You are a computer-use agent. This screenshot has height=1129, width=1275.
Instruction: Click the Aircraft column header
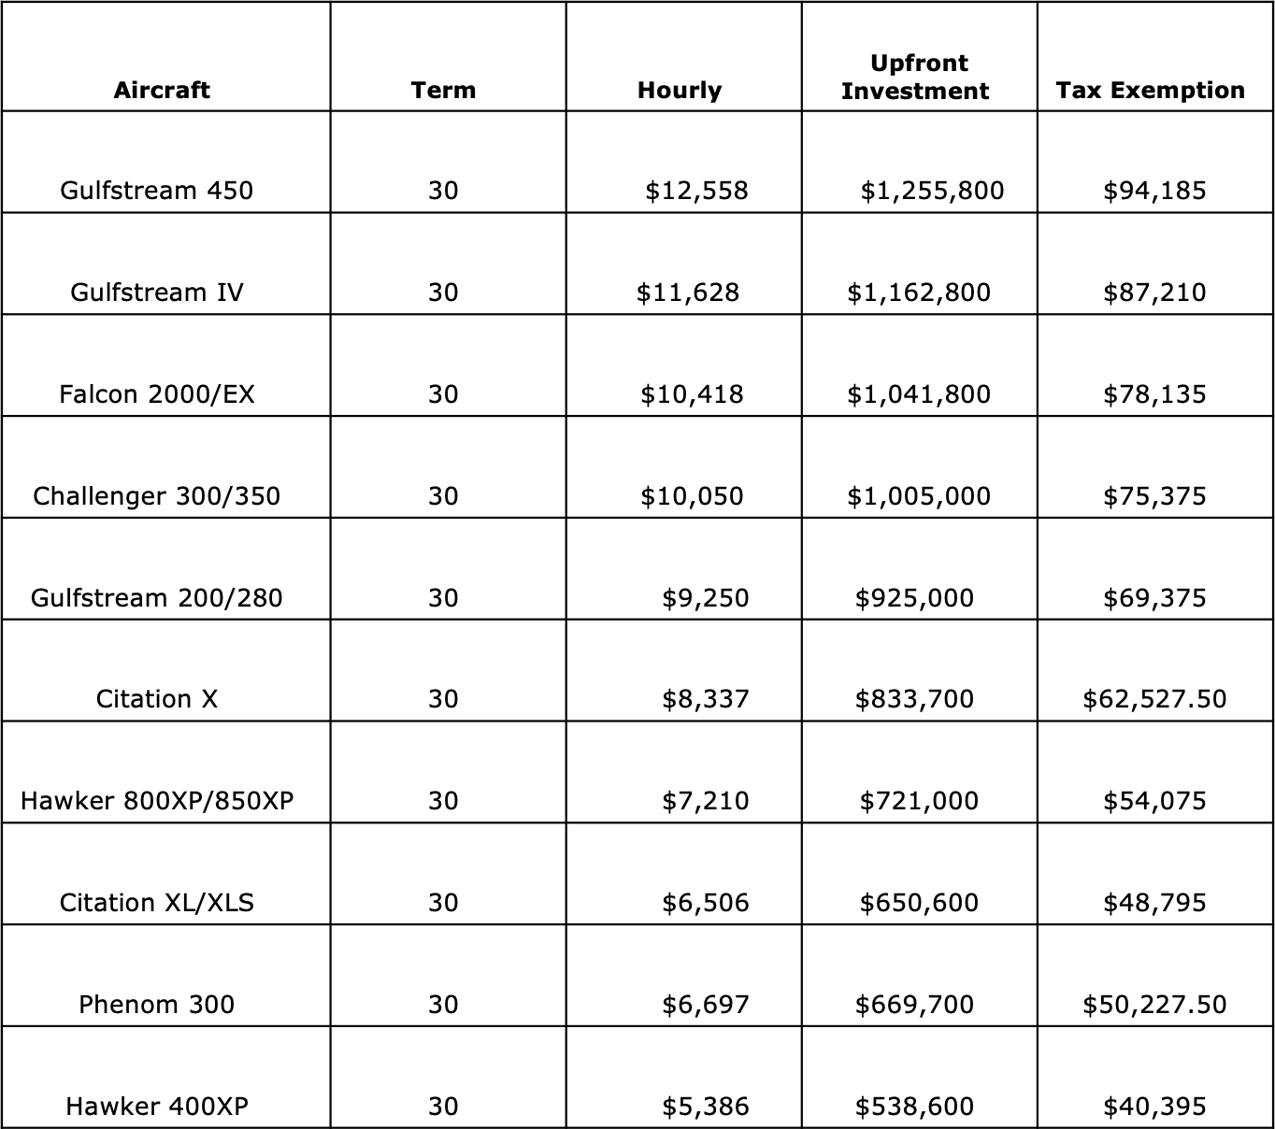coord(162,91)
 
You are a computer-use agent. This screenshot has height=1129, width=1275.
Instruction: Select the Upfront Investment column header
coord(915,77)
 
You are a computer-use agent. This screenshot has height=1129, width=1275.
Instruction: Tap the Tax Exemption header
coord(1151,91)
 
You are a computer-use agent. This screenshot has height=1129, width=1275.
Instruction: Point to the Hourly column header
coord(680,91)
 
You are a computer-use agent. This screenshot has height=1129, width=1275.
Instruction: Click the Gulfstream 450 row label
coord(156,191)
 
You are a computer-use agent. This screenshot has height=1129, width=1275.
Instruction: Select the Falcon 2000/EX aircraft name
coord(156,394)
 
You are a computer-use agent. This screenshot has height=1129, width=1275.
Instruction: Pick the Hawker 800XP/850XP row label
coord(156,801)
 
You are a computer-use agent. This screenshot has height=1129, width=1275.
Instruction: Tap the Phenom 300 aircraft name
coord(156,1005)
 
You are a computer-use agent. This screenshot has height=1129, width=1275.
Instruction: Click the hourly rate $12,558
coord(696,191)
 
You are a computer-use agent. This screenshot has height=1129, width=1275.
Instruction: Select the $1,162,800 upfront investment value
coord(919,293)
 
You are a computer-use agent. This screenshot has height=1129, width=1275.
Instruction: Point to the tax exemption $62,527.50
coord(1154,699)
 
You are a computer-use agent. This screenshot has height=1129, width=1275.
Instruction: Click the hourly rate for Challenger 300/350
coord(692,496)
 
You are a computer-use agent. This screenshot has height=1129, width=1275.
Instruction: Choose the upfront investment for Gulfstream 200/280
coord(914,598)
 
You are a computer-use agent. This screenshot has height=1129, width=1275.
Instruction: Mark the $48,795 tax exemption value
coord(1154,903)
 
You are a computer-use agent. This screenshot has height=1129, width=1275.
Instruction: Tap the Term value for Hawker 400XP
coord(443,1107)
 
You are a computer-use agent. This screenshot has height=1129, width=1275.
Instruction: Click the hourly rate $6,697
coord(706,1005)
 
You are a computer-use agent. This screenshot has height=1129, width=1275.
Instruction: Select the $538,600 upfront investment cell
coord(914,1107)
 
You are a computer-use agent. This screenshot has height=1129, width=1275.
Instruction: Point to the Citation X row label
coord(156,699)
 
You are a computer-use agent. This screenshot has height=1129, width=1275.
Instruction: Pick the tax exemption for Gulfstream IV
coord(1154,293)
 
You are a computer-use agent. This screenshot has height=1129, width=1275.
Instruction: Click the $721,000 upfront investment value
coord(919,801)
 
